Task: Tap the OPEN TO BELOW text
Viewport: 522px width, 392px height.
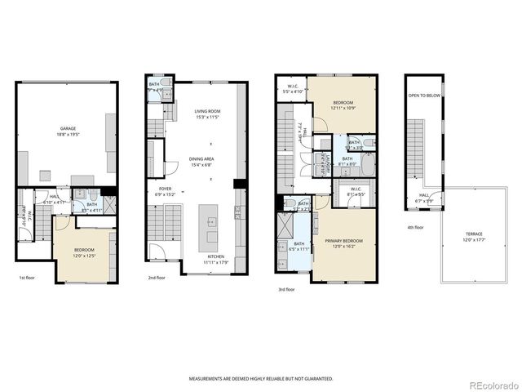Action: coord(424,96)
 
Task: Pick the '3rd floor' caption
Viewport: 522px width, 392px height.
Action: coord(285,288)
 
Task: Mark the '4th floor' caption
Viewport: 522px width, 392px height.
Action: coord(414,228)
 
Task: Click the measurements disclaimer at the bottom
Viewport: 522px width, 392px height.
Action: coord(261,379)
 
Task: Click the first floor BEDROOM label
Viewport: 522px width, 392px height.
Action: coord(84,250)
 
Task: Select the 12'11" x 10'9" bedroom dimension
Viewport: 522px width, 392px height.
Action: coord(343,109)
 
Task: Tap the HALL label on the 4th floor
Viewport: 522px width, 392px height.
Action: coord(424,195)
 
